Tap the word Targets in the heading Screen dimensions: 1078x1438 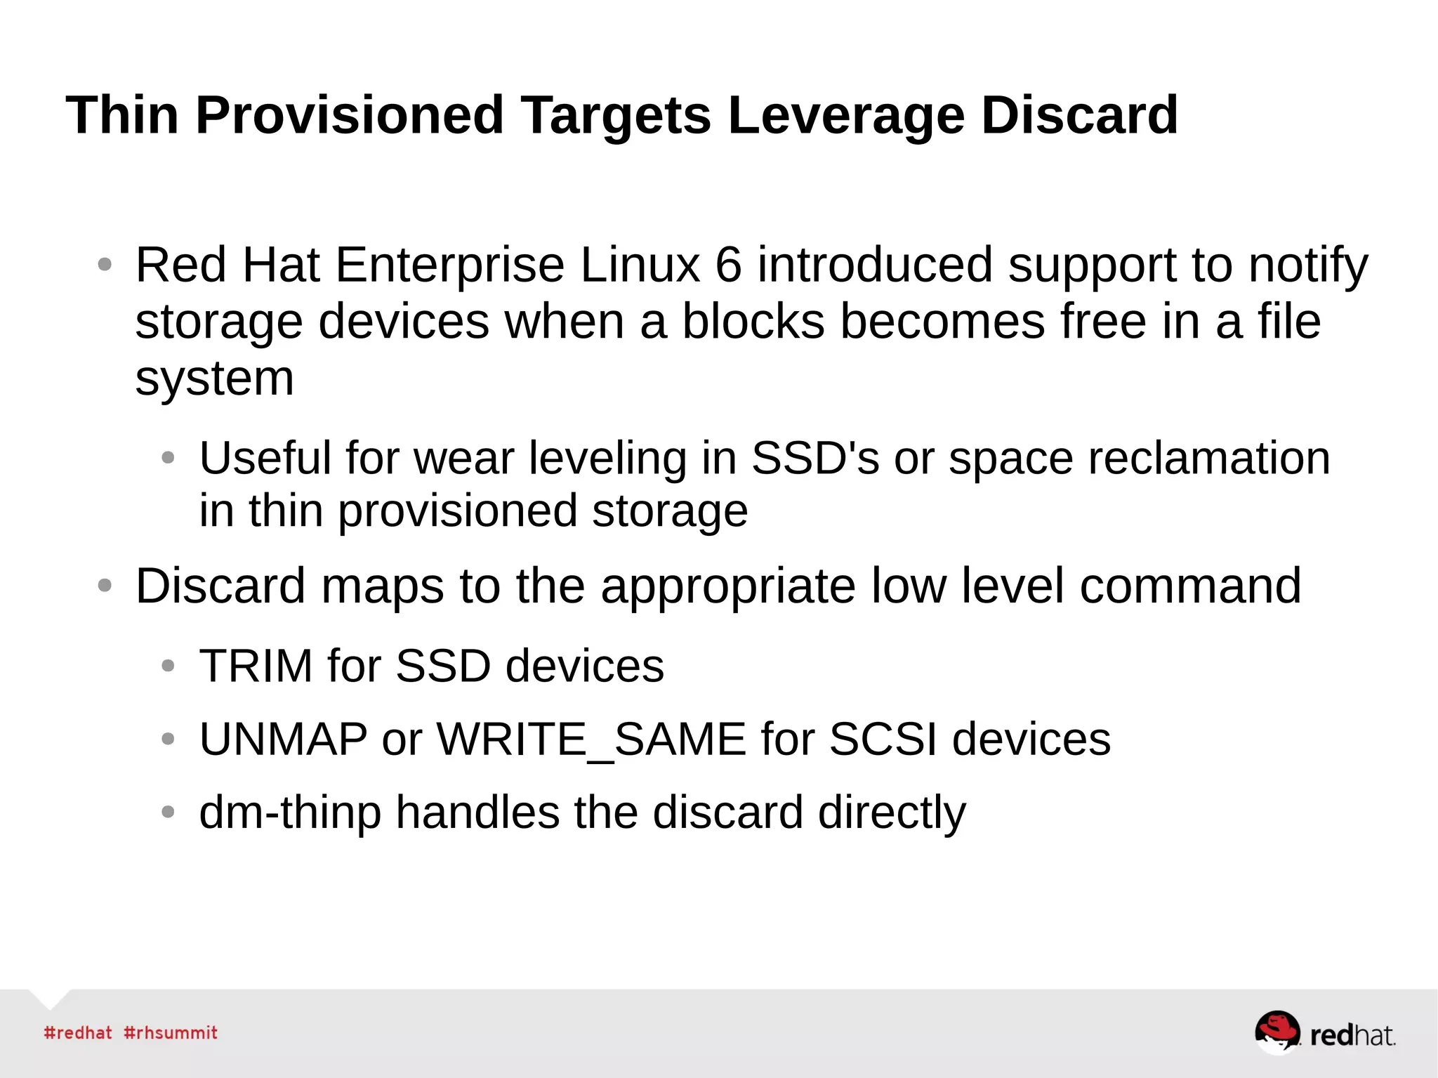click(x=615, y=116)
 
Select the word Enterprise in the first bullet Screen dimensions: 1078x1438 click(x=449, y=265)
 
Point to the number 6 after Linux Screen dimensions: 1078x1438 click(x=728, y=265)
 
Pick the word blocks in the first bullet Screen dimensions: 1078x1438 click(x=753, y=322)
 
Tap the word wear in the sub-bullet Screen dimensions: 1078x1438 click(x=463, y=459)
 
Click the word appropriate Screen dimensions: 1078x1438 click(x=728, y=587)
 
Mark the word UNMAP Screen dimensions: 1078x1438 click(x=283, y=740)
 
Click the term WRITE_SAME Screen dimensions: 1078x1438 click(x=591, y=740)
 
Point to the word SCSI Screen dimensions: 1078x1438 click(x=883, y=740)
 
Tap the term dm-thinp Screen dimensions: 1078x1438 click(x=290, y=813)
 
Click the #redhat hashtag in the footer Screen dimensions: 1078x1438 click(x=78, y=1033)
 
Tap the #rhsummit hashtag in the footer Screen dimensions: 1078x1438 click(x=171, y=1033)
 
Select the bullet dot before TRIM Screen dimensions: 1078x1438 click(x=168, y=666)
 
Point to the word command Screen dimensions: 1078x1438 click(x=1190, y=587)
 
